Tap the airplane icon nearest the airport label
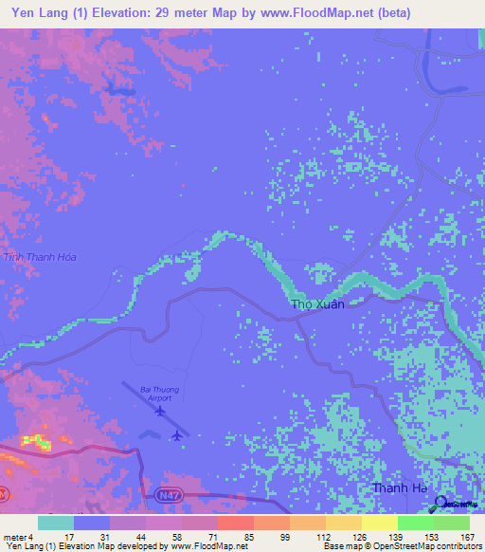[x=162, y=412]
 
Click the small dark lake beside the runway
[x=151, y=434]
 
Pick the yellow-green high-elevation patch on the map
[x=35, y=441]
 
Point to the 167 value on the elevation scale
[x=467, y=537]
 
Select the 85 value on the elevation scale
[x=235, y=537]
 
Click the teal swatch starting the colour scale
[x=55, y=523]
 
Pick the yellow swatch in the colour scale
[x=379, y=523]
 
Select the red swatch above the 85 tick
[x=235, y=523]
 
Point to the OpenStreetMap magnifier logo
[x=440, y=505]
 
